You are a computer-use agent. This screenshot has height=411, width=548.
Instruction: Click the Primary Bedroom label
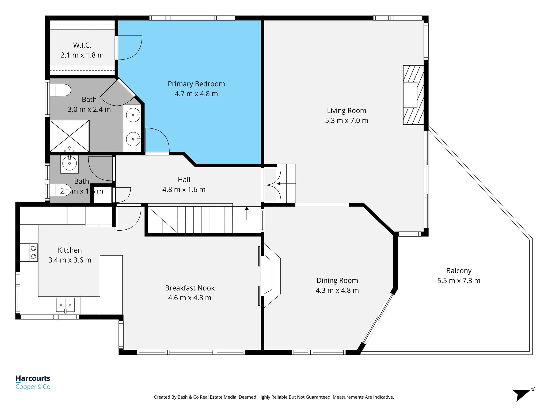[196, 84]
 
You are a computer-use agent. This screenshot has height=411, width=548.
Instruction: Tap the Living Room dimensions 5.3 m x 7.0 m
[347, 120]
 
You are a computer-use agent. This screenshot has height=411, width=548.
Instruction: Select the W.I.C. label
[82, 45]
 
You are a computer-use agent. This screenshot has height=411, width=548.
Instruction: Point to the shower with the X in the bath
[70, 136]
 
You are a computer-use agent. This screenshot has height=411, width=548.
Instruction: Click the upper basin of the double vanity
[133, 115]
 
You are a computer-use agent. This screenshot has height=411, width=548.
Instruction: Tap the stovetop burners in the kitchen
[33, 252]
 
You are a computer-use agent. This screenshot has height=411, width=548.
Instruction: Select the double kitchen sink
[65, 305]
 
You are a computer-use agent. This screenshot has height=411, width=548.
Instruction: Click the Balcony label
[459, 271]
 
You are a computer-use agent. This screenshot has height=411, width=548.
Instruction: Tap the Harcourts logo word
[33, 378]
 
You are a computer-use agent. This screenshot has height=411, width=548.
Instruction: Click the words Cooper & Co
[33, 387]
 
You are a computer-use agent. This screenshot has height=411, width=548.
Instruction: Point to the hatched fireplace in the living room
[413, 95]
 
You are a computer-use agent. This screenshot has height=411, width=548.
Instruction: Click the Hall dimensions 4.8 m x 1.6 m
[184, 189]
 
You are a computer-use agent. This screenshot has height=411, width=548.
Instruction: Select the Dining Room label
[337, 280]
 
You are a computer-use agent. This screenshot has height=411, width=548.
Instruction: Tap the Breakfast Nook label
[190, 288]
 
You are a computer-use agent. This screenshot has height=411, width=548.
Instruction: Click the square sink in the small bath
[70, 163]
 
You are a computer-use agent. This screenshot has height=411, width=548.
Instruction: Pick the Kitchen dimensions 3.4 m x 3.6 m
[70, 260]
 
